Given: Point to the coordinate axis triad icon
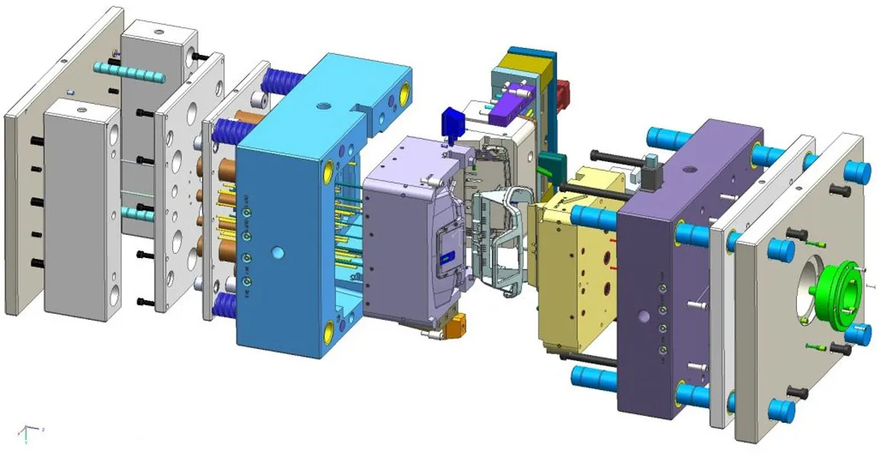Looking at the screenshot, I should point(27,432).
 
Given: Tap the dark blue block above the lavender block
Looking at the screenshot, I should point(452,122).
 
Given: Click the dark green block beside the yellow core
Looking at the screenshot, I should point(551,163).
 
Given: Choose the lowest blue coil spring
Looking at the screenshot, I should point(226,305).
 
